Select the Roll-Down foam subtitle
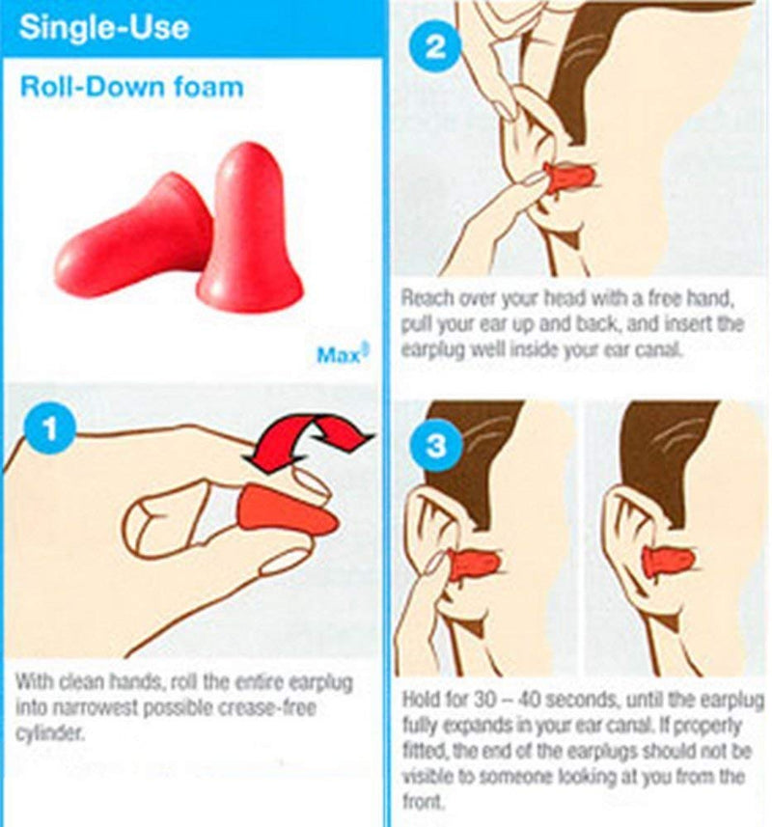point(131,88)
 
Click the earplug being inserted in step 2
point(568,177)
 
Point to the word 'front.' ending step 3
point(421,801)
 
